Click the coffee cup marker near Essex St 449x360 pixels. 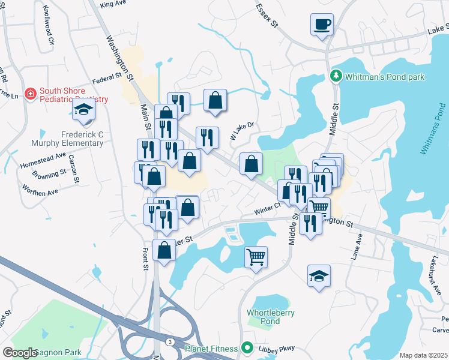pos(322,25)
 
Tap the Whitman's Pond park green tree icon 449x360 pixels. pos(336,76)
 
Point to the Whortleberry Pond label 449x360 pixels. pos(263,317)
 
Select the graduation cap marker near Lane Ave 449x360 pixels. pos(319,276)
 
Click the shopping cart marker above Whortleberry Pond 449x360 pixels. pos(256,257)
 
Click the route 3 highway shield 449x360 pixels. pos(170,341)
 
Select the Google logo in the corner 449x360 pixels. pos(20,353)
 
